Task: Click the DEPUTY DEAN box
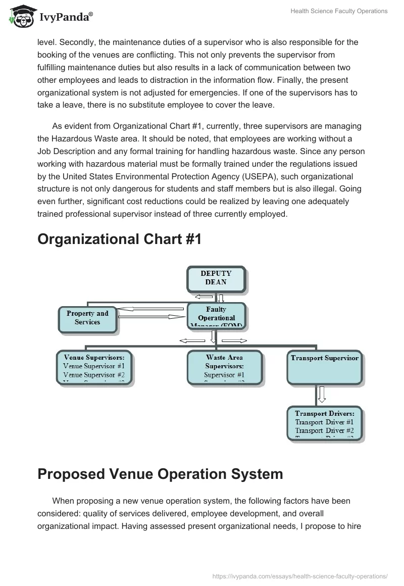pos(216,279)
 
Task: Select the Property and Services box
pos(87,318)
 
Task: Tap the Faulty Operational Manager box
pos(216,316)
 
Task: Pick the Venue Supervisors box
pos(94,367)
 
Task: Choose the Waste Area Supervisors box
pos(224,367)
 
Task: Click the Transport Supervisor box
pos(324,367)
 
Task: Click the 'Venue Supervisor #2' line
pos(94,375)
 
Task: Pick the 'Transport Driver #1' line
pos(324,422)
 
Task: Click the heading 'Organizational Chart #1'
pos(120,239)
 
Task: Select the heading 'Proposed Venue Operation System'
pos(160,474)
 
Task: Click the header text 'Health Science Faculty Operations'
pos(339,11)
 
